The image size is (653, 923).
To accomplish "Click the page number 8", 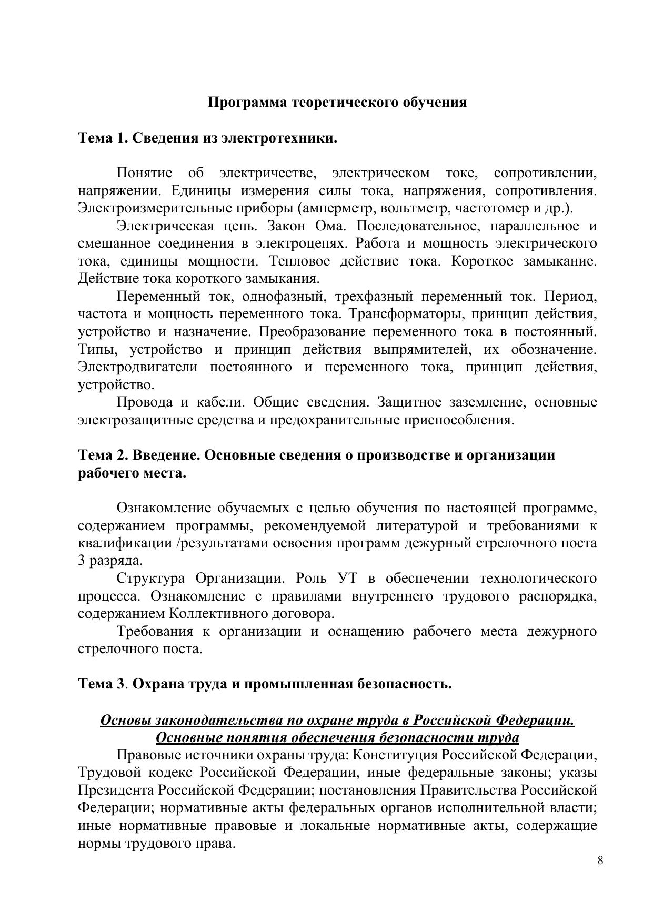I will [x=600, y=860].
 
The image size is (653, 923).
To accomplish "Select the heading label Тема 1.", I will [x=103, y=138].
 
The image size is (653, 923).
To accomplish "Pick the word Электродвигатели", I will [x=138, y=367].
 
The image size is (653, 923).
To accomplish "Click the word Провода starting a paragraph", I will [x=145, y=402].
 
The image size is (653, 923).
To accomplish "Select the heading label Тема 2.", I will [x=103, y=454].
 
